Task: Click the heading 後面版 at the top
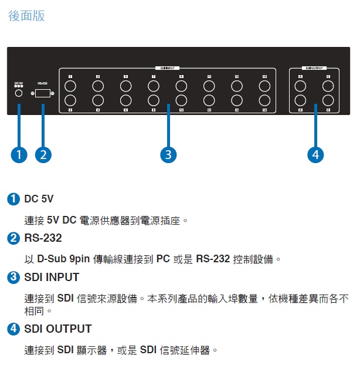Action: point(26,16)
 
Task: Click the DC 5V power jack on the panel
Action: point(19,93)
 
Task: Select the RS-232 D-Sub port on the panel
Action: point(43,93)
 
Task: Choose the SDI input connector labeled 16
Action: point(265,100)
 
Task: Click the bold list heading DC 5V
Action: point(39,199)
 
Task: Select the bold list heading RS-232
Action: point(43,238)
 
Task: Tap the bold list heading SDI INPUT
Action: point(52,277)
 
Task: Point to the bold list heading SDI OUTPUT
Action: point(58,329)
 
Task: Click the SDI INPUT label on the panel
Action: point(168,68)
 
